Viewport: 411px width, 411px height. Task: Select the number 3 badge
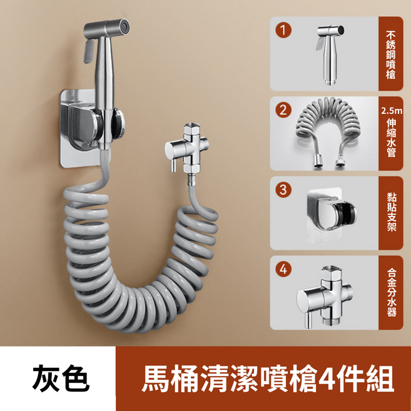pos(285,188)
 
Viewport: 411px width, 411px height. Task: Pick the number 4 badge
pos(285,270)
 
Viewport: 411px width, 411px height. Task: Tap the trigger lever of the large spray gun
pos(88,51)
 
